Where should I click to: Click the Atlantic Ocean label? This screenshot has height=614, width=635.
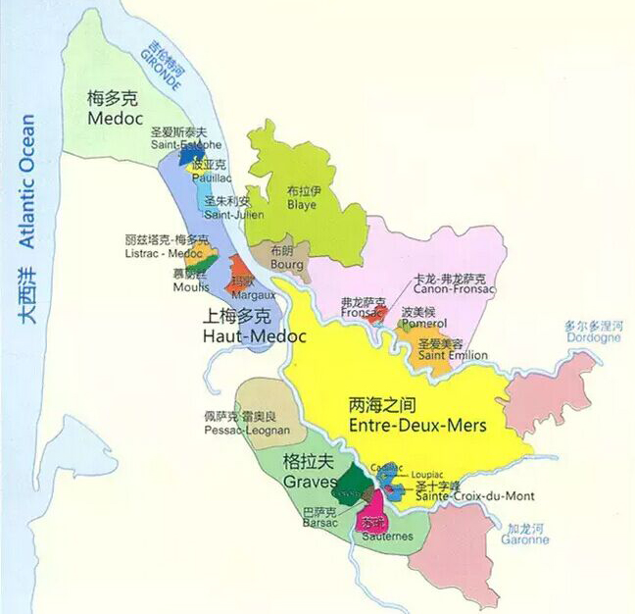(27, 181)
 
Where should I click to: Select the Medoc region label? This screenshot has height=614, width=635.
(115, 116)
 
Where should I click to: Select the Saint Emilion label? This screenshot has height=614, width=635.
(453, 354)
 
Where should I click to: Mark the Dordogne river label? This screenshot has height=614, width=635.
(593, 337)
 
